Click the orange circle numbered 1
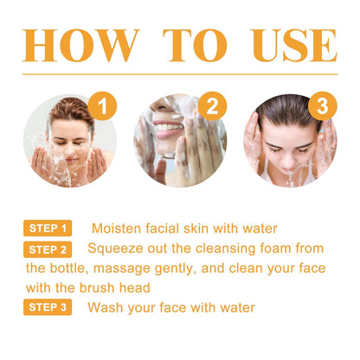[x=102, y=108]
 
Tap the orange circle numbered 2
[x=209, y=107]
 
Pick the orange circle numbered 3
[x=321, y=107]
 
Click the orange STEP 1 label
[x=48, y=229]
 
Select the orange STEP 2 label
[x=48, y=250]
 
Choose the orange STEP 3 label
[x=48, y=307]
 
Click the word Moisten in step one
[x=119, y=229]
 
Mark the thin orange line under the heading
[x=180, y=75]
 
